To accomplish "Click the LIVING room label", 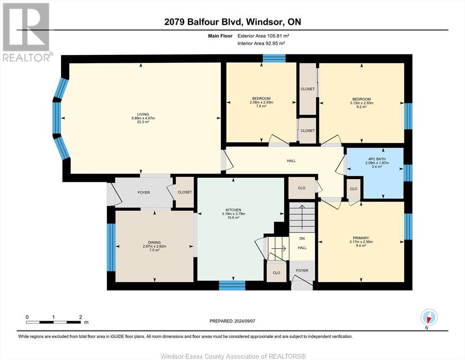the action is [x=143, y=114].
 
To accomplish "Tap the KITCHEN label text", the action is [x=233, y=210].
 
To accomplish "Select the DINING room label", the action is [x=154, y=242].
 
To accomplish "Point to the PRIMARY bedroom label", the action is [x=361, y=238].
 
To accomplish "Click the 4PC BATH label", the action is [x=376, y=159].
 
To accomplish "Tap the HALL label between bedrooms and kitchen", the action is [x=291, y=161].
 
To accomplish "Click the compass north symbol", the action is [x=429, y=318].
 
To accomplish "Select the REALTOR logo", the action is [x=27, y=32].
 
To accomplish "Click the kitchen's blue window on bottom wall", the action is [x=232, y=285].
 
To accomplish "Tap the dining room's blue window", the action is [x=111, y=247].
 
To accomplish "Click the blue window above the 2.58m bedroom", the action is [x=274, y=58].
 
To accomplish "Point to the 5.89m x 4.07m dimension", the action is [x=143, y=118].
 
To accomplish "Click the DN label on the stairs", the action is [x=302, y=239].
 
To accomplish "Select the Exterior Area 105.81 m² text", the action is [x=263, y=36].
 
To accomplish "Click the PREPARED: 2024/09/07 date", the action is [x=232, y=321].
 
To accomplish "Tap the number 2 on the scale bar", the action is [x=81, y=317].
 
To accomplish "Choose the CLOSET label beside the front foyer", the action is [x=185, y=192].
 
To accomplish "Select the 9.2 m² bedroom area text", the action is [x=362, y=107].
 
